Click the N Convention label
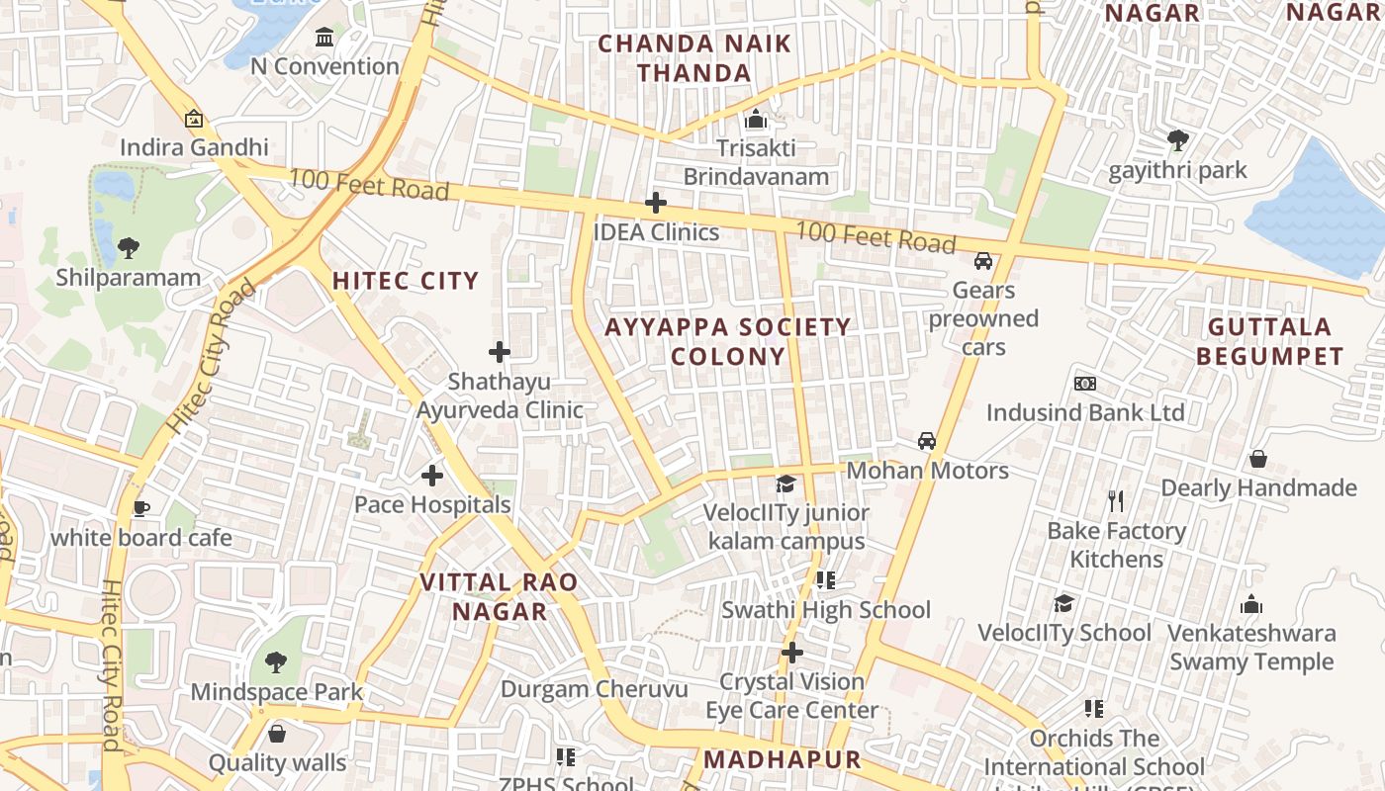(324, 66)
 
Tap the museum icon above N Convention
(323, 39)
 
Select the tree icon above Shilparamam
(128, 248)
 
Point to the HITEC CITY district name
(406, 281)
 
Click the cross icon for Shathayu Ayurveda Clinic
(500, 351)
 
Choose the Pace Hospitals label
(432, 504)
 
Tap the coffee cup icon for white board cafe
(140, 508)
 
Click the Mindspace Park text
(277, 691)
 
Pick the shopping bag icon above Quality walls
(277, 734)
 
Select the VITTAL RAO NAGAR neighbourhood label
(500, 596)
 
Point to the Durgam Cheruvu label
(594, 689)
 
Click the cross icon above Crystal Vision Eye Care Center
(791, 653)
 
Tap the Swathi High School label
(826, 610)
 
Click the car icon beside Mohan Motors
(926, 441)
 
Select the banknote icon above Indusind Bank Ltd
(1085, 384)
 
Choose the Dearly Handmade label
(1258, 487)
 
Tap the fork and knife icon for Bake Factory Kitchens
(1116, 501)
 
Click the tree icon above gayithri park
(1177, 140)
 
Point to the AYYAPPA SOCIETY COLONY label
(728, 341)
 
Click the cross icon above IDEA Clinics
(655, 203)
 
